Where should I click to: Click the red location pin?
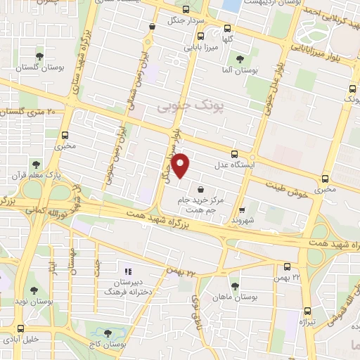tap(181, 165)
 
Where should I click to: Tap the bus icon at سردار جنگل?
tap(186, 10)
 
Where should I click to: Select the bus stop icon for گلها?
tap(226, 29)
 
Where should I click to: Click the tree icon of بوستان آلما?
tap(240, 59)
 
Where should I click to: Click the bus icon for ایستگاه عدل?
tap(234, 155)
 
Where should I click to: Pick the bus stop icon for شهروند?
tap(242, 210)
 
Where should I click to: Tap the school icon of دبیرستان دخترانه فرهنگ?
tap(127, 271)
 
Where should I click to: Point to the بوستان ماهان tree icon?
tap(235, 285)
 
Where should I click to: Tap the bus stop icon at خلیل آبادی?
tap(19, 328)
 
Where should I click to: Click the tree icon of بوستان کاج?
tap(108, 333)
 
